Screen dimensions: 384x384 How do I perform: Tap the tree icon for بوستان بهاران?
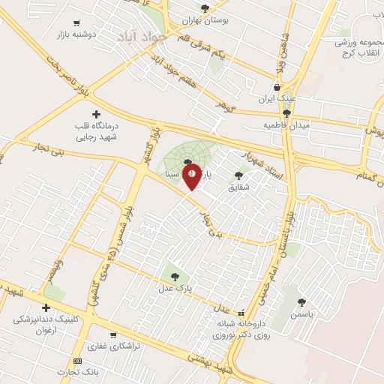click(205, 8)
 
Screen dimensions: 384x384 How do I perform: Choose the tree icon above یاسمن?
click(301, 302)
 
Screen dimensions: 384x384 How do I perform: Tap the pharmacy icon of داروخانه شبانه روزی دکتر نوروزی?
click(241, 313)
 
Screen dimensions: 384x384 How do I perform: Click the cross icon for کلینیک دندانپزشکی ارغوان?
click(46, 307)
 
